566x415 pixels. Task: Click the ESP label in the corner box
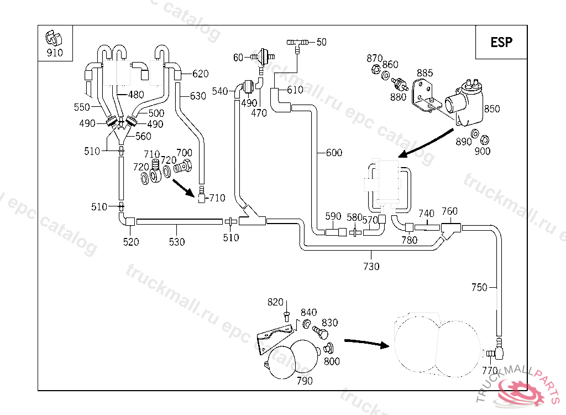(501, 42)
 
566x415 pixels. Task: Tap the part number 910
(55, 53)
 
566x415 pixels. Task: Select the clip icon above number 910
(54, 38)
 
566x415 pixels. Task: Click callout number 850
(491, 108)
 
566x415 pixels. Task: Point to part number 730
(371, 266)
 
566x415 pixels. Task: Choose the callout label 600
(334, 153)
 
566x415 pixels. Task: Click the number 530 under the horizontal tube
(177, 242)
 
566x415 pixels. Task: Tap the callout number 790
(304, 381)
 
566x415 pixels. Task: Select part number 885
(424, 73)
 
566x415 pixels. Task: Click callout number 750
(479, 287)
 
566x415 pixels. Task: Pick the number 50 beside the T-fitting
(321, 42)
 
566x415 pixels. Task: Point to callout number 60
(238, 58)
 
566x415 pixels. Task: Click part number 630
(197, 96)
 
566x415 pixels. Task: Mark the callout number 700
(184, 153)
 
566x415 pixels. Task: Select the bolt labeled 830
(320, 333)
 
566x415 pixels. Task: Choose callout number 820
(275, 302)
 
